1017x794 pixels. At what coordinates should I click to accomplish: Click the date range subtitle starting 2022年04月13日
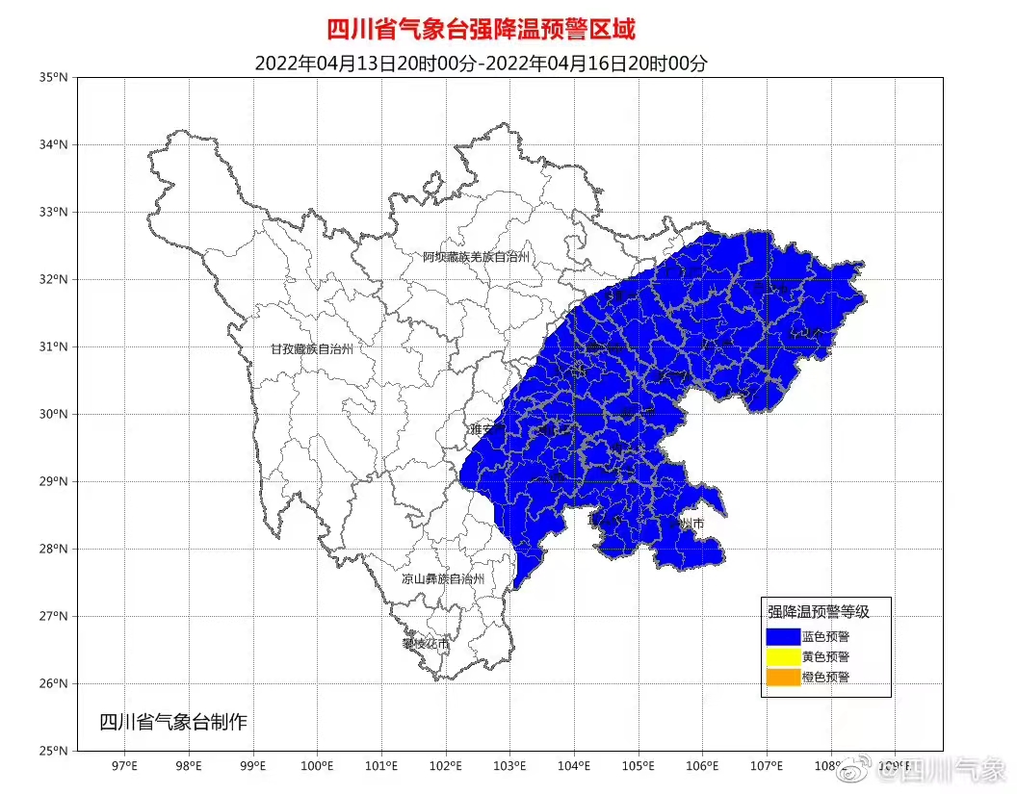pyautogui.click(x=481, y=64)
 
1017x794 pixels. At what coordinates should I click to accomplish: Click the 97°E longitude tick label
pyautogui.click(x=124, y=767)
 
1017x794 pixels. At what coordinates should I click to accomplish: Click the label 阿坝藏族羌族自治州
pyautogui.click(x=477, y=257)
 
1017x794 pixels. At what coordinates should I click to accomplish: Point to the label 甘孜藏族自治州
pyautogui.click(x=311, y=349)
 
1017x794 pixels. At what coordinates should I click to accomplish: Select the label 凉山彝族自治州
pyautogui.click(x=443, y=579)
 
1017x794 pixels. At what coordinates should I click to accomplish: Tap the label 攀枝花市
pyautogui.click(x=426, y=643)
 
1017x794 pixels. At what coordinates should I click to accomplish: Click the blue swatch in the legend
pyautogui.click(x=783, y=636)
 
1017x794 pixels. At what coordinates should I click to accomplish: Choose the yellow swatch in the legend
pyautogui.click(x=783, y=656)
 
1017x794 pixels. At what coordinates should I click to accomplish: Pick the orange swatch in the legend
pyautogui.click(x=783, y=678)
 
